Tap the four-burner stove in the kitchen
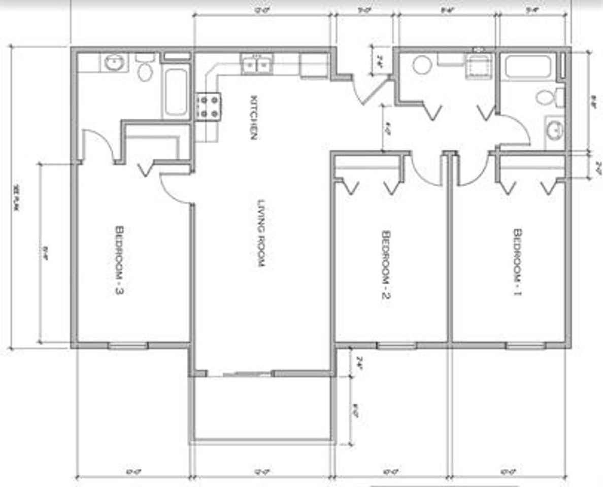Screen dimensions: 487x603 [209, 107]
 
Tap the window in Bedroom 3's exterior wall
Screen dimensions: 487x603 [128, 346]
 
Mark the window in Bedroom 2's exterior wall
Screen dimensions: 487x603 [396, 346]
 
